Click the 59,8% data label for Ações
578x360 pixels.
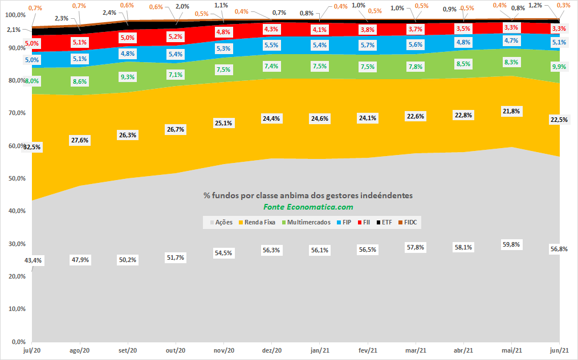pos(511,244)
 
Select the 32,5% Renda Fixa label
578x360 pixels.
pos(32,147)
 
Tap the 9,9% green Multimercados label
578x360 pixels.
pos(559,67)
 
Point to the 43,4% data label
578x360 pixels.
pos(33,260)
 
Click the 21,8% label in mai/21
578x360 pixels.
pos(511,111)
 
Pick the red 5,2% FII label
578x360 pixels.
pos(176,36)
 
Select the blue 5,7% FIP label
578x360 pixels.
pos(368,45)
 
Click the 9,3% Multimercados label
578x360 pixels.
pos(128,77)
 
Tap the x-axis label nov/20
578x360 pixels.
pos(224,350)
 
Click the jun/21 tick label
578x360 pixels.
pos(559,350)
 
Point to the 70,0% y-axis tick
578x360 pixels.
pos(17,113)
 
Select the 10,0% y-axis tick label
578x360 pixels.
pos(17,309)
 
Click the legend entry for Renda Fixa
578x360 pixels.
pos(257,222)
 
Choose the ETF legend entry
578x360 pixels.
pos(384,222)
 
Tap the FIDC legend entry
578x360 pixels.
pos(408,222)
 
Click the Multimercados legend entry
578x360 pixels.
pos(306,222)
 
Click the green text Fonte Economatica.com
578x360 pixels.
pos(308,207)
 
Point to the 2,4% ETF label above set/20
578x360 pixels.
pos(109,13)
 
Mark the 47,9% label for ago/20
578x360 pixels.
pos(80,260)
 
